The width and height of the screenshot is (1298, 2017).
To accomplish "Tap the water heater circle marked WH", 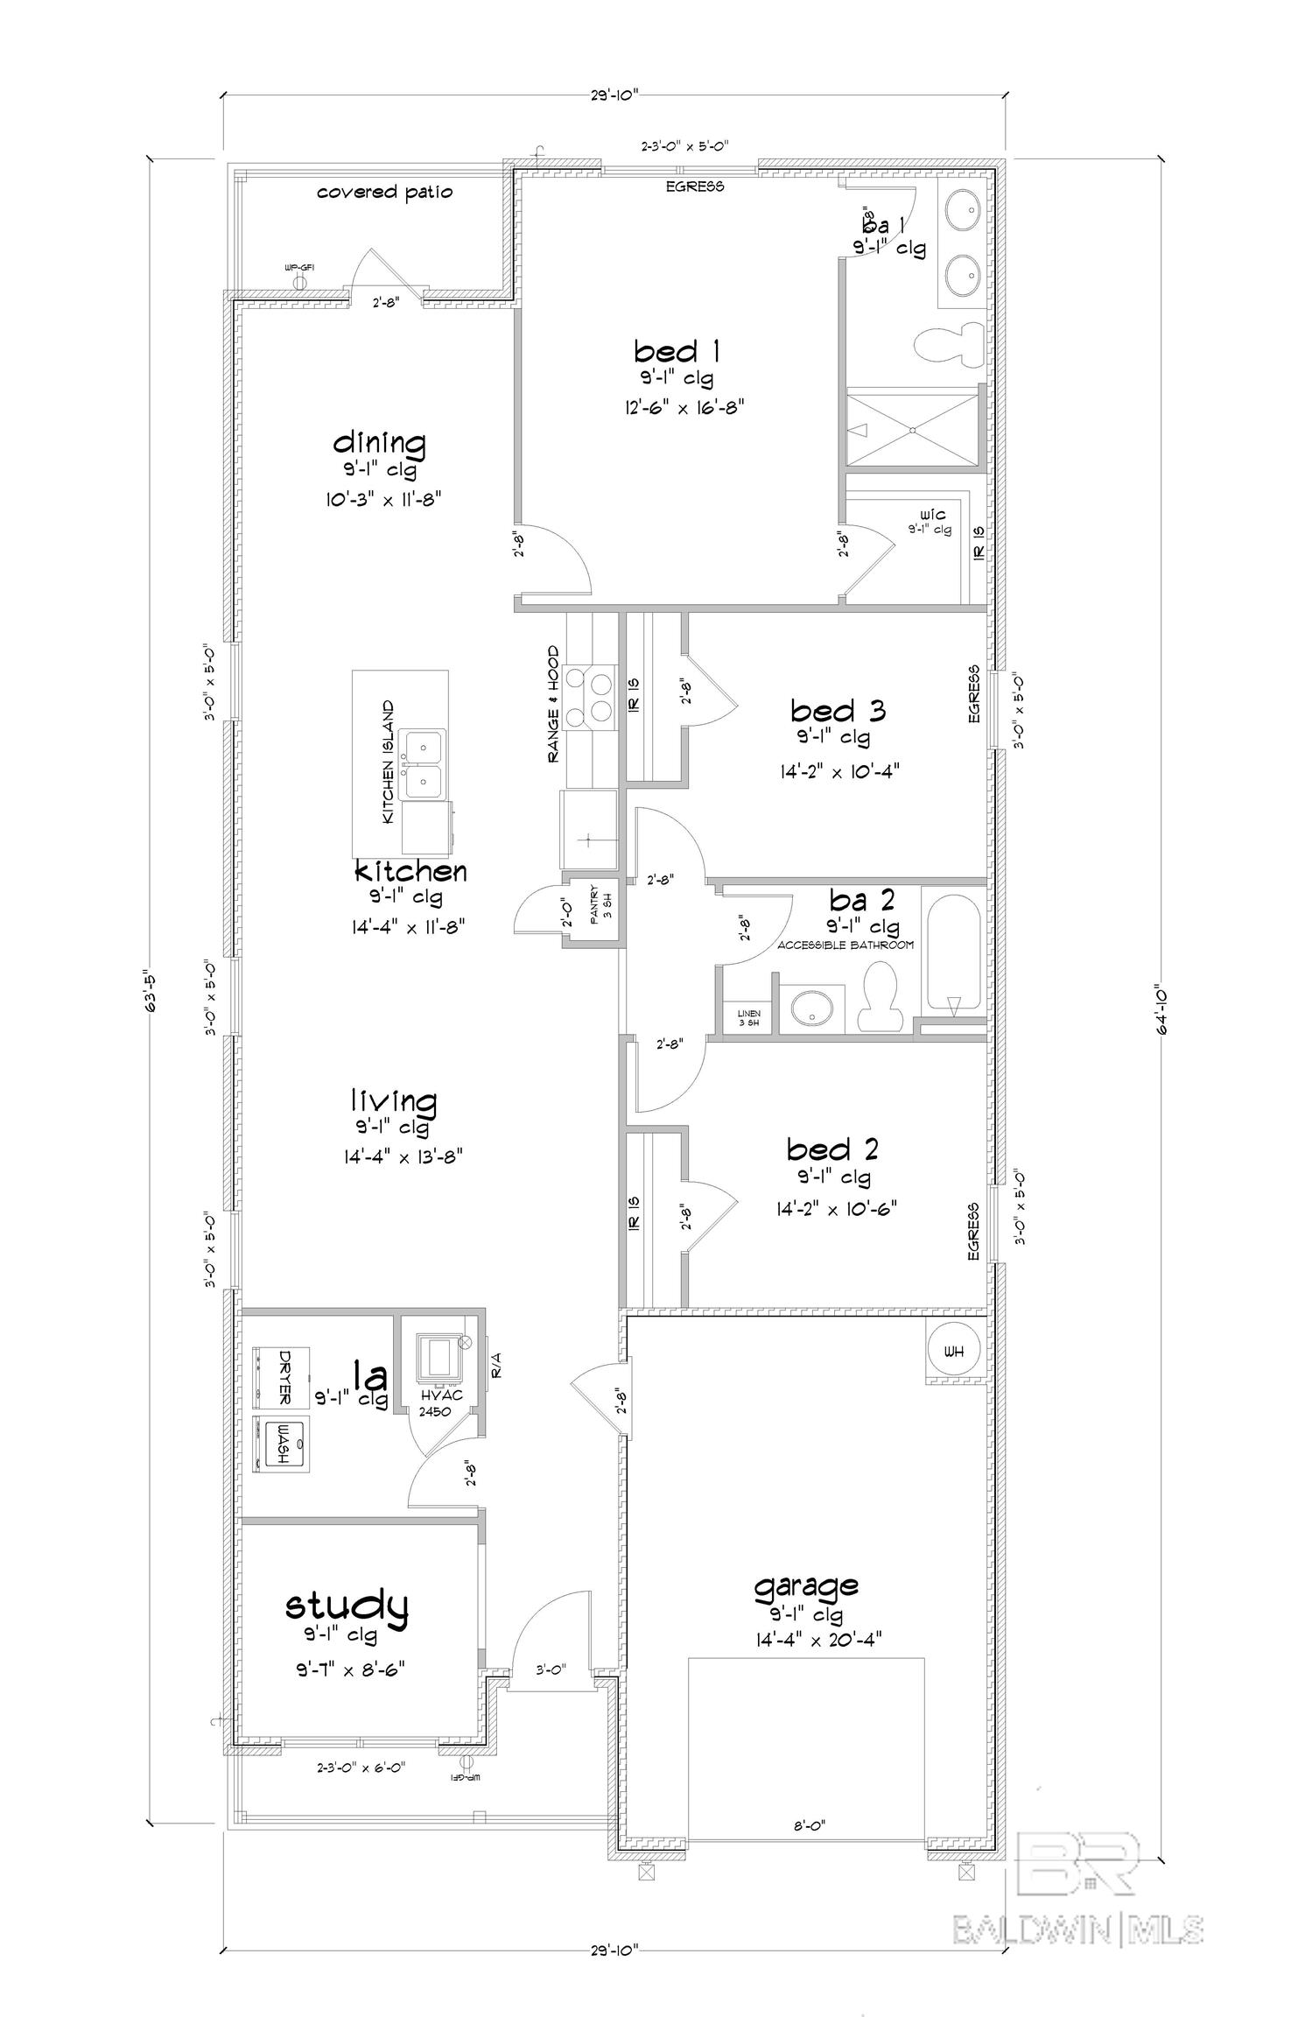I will [954, 1352].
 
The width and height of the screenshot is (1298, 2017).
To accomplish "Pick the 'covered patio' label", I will [384, 192].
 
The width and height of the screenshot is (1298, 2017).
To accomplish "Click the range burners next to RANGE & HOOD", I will [588, 697].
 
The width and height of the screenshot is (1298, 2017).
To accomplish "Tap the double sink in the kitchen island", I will [424, 763].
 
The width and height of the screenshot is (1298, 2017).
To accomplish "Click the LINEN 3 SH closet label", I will [748, 1017].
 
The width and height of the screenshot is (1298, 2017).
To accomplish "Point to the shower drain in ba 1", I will [912, 430].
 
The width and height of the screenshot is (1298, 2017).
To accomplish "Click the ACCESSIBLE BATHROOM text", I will [845, 945].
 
